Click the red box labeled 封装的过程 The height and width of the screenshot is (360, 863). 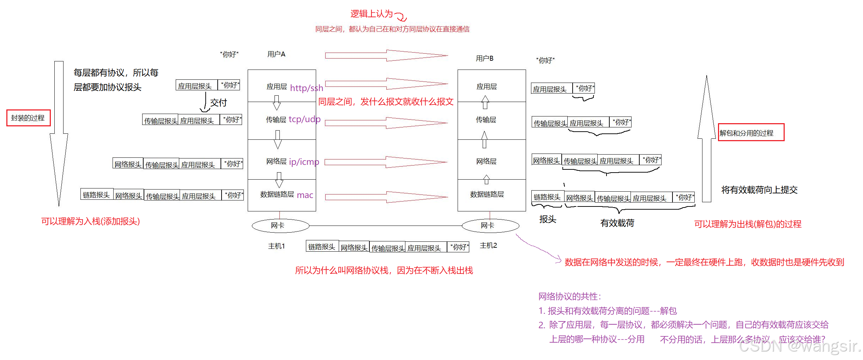point(28,118)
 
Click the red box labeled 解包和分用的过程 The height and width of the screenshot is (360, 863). point(751,133)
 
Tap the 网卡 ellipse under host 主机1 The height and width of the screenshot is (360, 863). point(280,226)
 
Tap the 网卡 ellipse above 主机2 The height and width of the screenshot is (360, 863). point(490,226)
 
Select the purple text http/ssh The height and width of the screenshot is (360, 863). point(306,88)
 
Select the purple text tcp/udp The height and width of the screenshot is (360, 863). point(304,119)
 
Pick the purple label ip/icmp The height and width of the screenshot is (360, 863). point(304,162)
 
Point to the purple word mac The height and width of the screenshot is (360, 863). point(305,195)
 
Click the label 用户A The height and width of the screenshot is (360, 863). point(276,54)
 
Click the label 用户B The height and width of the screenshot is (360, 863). point(484,58)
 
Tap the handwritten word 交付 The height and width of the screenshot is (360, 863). point(218,103)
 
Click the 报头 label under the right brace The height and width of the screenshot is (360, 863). point(548,219)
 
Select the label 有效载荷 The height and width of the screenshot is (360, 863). point(617,223)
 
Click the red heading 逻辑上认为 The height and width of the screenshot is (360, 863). point(371,14)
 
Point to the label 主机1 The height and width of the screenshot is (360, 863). point(276,246)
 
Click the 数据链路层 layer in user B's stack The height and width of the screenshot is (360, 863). point(487,194)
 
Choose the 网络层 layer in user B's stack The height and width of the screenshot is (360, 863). point(486,161)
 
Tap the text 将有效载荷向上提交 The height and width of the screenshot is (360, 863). point(759,190)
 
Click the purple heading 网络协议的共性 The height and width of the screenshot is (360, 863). point(569,296)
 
